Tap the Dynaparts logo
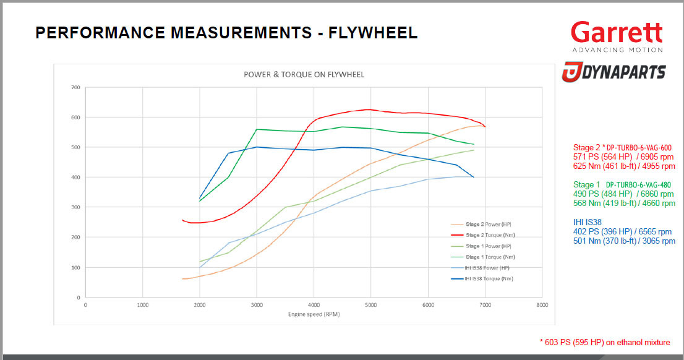coord(613,72)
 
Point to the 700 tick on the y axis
coord(75,87)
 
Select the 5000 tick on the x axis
coord(370,305)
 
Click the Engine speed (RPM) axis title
coord(314,314)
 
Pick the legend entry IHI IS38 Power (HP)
coord(489,267)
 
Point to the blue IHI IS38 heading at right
coord(587,222)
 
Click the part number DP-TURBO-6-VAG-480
coord(638,184)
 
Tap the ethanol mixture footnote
coord(605,343)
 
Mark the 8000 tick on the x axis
coord(542,305)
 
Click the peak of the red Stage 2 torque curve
coord(369,109)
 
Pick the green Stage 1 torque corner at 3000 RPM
coord(257,129)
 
